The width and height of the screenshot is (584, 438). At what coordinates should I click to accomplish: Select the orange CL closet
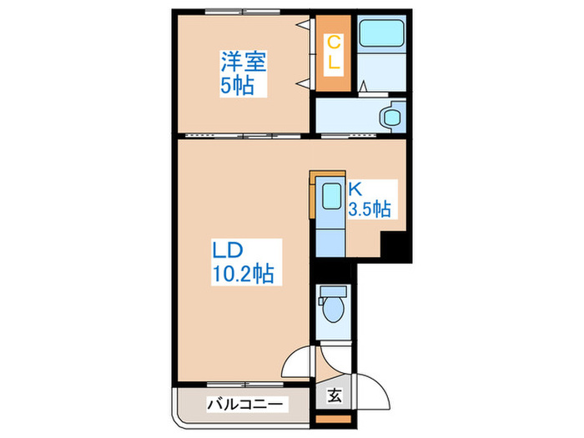[331, 53]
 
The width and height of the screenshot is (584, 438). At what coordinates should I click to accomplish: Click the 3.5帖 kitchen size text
[372, 208]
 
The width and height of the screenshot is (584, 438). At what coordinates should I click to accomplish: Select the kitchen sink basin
[330, 199]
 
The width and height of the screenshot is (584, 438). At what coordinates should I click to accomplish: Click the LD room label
[226, 249]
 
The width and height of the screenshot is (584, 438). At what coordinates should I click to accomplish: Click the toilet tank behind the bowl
[333, 292]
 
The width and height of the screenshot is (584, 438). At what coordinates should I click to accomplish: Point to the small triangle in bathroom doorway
[364, 86]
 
